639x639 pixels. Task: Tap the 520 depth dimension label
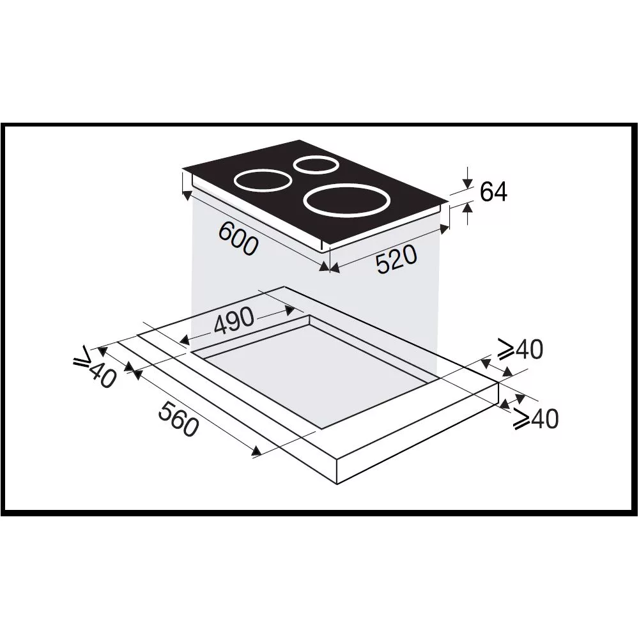(x=397, y=259)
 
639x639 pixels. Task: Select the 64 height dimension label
(x=493, y=192)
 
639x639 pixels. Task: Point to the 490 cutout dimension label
(x=233, y=320)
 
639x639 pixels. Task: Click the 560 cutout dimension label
(x=178, y=419)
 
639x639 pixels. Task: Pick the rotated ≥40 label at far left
(x=95, y=367)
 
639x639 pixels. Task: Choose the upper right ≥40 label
(x=521, y=350)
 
